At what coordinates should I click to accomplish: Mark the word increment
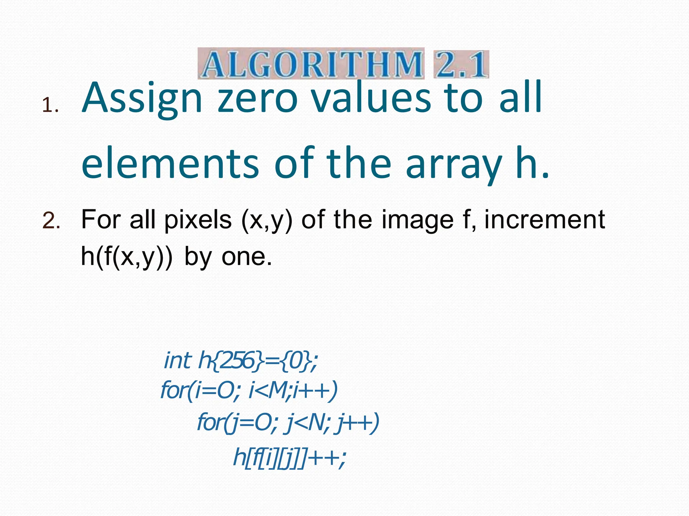click(544, 219)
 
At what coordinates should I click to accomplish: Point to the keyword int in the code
click(178, 360)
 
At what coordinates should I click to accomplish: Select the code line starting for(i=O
click(249, 390)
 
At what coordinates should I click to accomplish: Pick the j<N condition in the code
click(308, 422)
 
